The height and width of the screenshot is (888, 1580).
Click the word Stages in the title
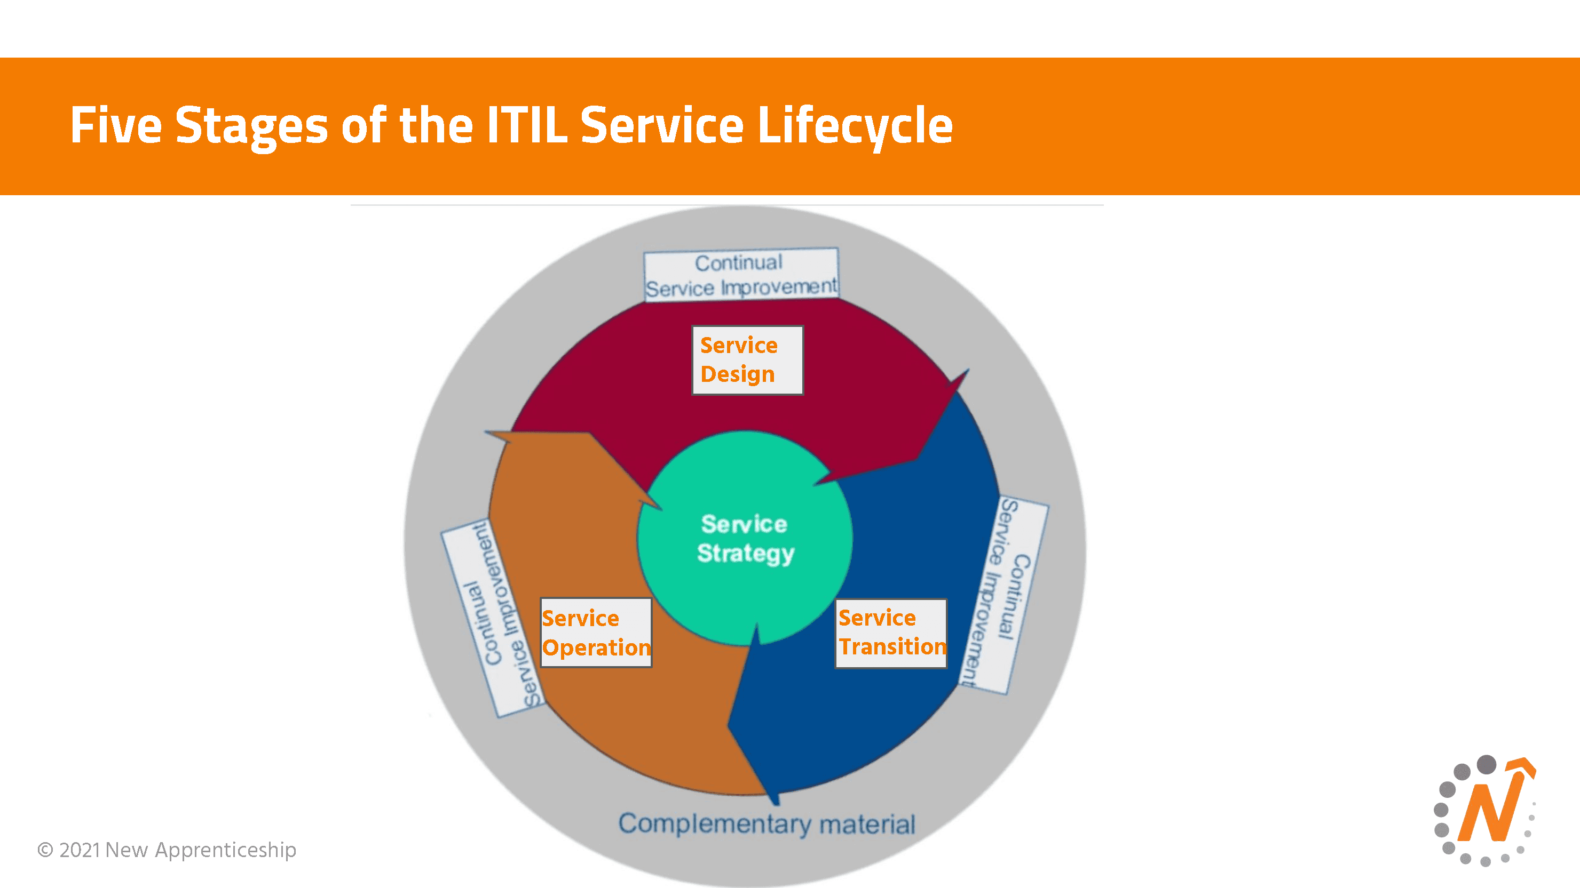pyautogui.click(x=251, y=126)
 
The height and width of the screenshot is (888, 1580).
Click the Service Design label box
pyautogui.click(x=747, y=360)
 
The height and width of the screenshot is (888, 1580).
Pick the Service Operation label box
pyautogui.click(x=596, y=633)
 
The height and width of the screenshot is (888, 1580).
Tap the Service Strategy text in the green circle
pyautogui.click(x=745, y=538)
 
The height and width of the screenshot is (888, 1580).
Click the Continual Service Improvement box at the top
pyautogui.click(x=741, y=275)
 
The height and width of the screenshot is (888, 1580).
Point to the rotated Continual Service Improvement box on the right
pyautogui.click(x=1004, y=595)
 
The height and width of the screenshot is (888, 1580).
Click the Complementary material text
pyautogui.click(x=766, y=823)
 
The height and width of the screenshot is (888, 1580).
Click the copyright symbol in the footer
pyautogui.click(x=45, y=850)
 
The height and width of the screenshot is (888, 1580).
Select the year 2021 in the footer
pyautogui.click(x=80, y=850)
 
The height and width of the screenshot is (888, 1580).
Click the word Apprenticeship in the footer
pyautogui.click(x=225, y=851)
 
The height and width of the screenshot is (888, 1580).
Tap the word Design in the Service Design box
pyautogui.click(x=737, y=374)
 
